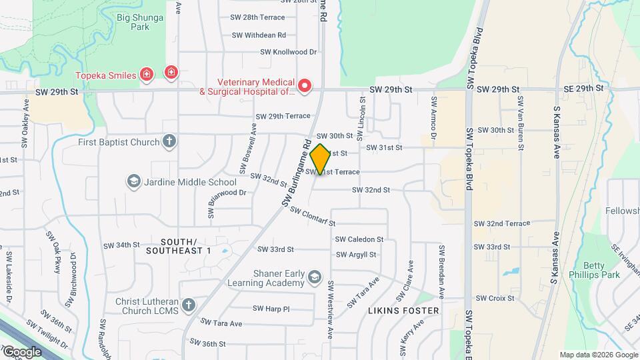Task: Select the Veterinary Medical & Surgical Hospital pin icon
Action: (305, 85)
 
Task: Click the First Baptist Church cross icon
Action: (170, 141)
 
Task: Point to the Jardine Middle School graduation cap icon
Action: (133, 181)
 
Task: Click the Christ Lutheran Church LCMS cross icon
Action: (189, 305)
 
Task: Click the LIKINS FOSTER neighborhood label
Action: (403, 311)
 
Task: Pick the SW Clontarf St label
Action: (312, 215)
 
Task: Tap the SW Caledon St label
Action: (359, 239)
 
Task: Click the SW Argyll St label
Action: (356, 254)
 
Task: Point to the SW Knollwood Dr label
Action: (287, 51)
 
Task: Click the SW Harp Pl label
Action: (271, 309)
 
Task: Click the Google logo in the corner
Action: (21, 351)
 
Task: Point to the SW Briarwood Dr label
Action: (227, 193)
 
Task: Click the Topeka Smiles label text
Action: (105, 75)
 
